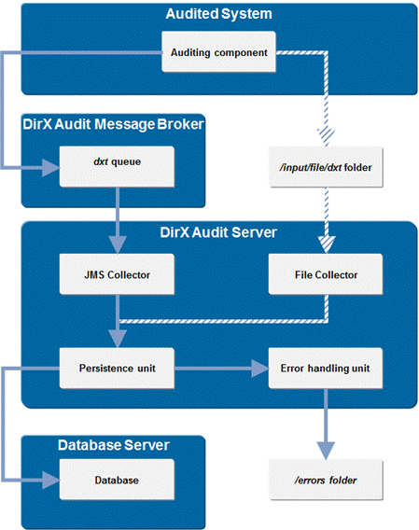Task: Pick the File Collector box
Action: tap(325, 275)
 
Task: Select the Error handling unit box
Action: tap(325, 368)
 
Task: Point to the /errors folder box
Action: tap(325, 481)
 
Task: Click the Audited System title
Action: tap(219, 15)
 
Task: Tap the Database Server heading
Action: tap(114, 445)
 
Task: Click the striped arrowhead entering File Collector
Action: tap(325, 245)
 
